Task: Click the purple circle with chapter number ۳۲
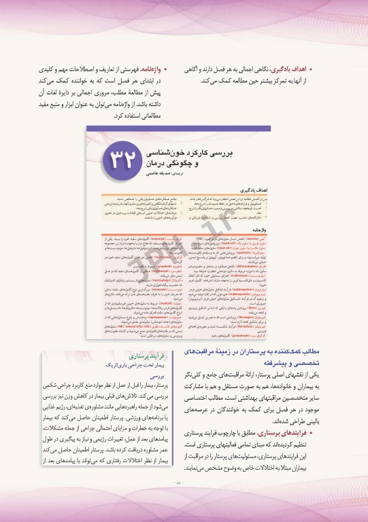tap(133, 159)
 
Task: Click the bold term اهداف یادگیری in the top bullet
tap(288, 69)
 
